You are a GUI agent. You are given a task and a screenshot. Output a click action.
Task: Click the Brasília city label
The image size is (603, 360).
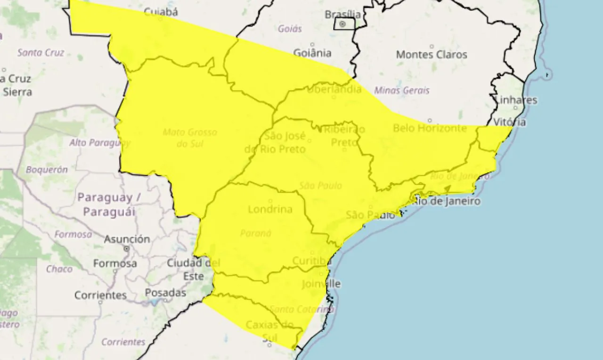click(x=342, y=15)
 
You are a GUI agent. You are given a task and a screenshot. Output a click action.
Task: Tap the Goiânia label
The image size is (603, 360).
click(x=312, y=53)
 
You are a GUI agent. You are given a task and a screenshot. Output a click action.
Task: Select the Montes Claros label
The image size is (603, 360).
click(x=432, y=55)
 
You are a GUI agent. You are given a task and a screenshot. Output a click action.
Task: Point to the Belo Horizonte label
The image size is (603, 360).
click(x=430, y=128)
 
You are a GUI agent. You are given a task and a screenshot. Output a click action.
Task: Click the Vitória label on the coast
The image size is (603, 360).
click(x=510, y=123)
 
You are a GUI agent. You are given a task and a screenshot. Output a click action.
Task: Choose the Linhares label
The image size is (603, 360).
click(x=516, y=100)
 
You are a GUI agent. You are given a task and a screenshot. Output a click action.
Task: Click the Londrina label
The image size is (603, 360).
click(x=269, y=209)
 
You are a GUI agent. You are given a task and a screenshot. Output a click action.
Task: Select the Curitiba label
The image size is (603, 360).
click(x=312, y=261)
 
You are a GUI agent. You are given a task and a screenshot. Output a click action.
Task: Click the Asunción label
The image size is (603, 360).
click(x=127, y=239)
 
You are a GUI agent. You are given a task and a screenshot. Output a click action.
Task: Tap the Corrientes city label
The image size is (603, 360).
click(x=100, y=295)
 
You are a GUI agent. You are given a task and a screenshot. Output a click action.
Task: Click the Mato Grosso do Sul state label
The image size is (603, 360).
click(x=190, y=138)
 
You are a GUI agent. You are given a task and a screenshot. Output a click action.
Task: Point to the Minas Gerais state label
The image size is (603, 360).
click(x=402, y=90)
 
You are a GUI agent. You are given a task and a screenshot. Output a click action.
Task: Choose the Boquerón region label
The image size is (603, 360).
click(x=47, y=170)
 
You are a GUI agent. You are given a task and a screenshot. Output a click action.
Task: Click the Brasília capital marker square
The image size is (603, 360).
click(x=342, y=24)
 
